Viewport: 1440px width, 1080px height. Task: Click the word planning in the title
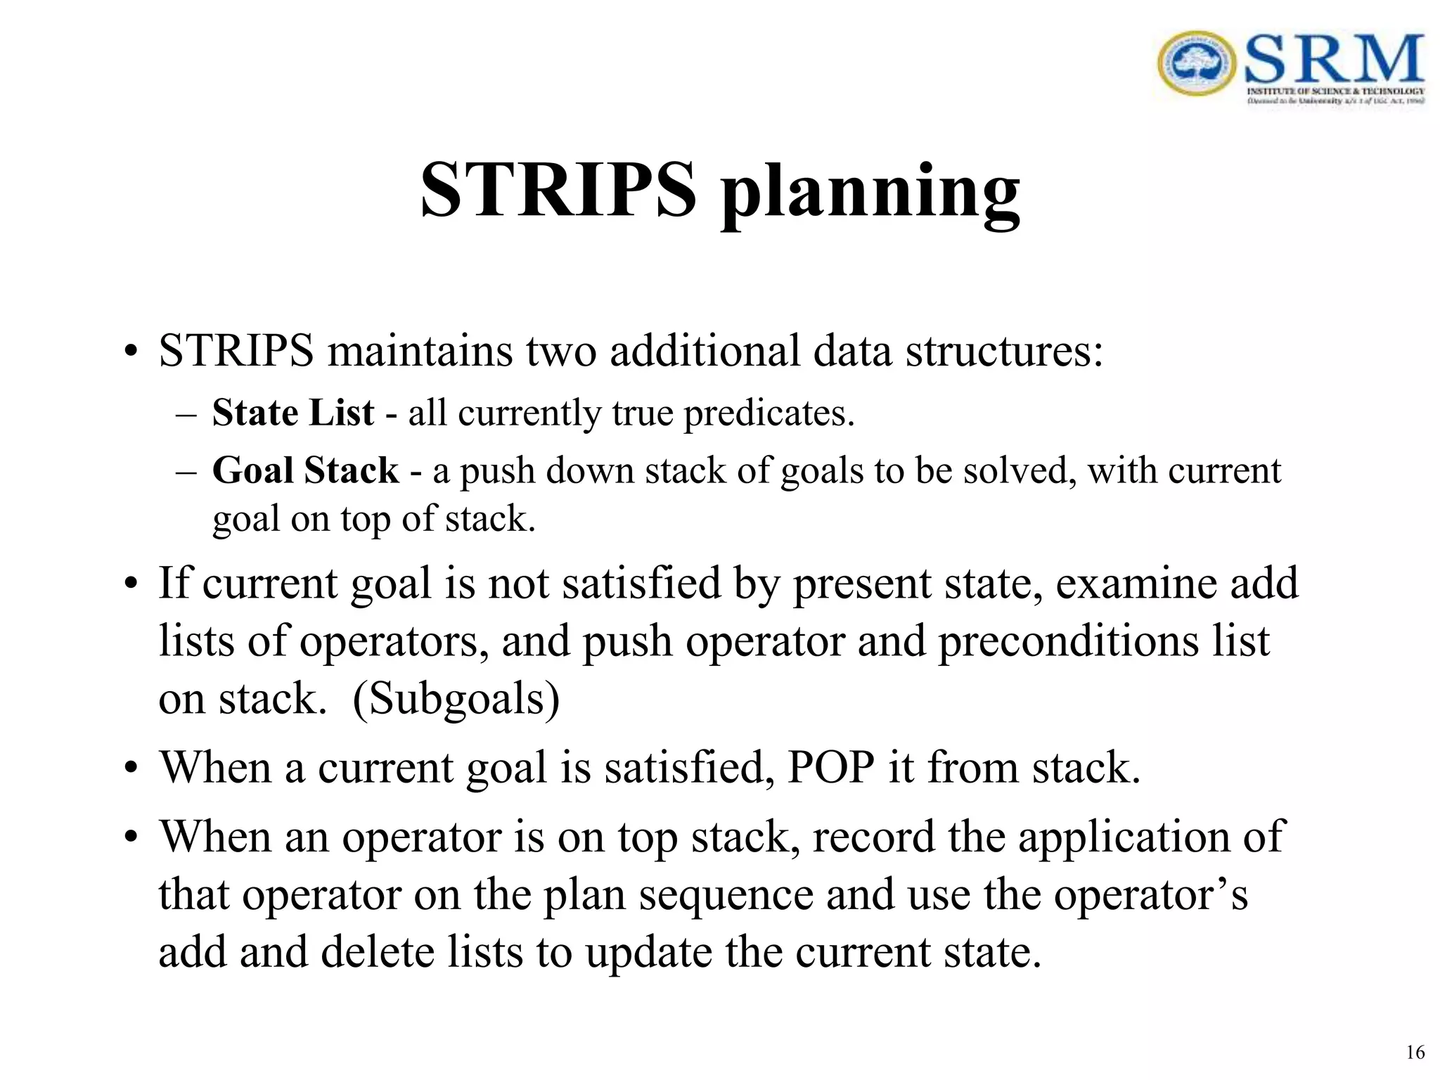pyautogui.click(x=870, y=191)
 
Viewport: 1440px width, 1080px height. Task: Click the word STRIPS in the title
pyautogui.click(x=558, y=190)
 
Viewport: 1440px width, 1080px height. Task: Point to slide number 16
pyautogui.click(x=1415, y=1053)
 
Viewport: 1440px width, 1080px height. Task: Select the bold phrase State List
pyautogui.click(x=292, y=413)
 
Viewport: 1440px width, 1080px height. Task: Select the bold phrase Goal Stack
pyautogui.click(x=305, y=470)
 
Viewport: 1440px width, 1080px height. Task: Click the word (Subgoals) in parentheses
pyautogui.click(x=456, y=699)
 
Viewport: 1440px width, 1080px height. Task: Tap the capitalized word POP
pyautogui.click(x=830, y=767)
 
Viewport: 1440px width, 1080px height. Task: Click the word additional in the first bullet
pyautogui.click(x=705, y=350)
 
